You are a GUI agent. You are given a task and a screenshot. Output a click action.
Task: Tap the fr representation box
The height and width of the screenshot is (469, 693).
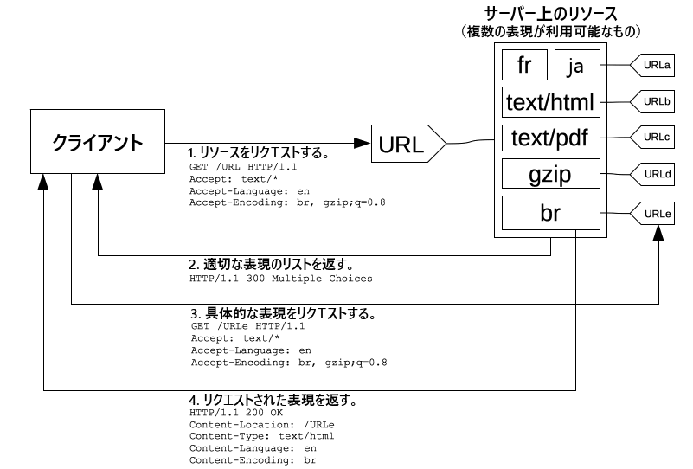(x=523, y=65)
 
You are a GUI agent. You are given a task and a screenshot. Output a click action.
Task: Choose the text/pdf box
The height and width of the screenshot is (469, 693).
(x=550, y=138)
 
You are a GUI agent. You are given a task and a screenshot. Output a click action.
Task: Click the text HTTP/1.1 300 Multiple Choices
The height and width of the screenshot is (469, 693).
(x=280, y=279)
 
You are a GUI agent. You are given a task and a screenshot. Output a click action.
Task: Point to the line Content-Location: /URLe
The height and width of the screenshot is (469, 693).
(x=261, y=424)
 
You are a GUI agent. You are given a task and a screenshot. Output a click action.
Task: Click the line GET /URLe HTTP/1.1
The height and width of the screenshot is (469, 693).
(x=247, y=326)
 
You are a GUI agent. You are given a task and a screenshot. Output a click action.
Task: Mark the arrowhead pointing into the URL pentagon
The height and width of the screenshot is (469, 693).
(x=364, y=143)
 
